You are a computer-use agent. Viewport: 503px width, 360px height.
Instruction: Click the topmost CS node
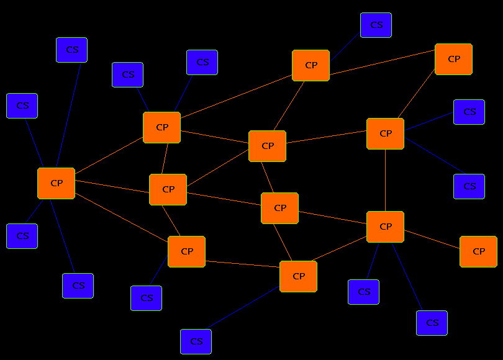(376, 25)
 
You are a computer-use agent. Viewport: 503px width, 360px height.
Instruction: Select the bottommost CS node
(196, 341)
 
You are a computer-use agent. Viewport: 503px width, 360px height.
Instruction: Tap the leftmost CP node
(56, 183)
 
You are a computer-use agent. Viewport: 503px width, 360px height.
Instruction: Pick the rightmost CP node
(478, 251)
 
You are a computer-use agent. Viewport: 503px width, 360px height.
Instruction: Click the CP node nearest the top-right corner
(453, 59)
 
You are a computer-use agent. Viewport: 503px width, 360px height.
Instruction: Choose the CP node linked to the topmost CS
(310, 65)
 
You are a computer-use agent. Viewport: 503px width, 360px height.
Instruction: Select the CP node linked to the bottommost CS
(298, 276)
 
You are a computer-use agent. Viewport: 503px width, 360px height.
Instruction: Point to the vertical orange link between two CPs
(385, 180)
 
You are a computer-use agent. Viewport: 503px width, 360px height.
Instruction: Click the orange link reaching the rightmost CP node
(432, 239)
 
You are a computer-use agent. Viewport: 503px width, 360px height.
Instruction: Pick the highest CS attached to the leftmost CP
(71, 50)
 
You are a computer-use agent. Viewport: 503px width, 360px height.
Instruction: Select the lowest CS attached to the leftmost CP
(78, 286)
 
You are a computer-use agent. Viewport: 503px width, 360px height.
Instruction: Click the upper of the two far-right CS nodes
(469, 112)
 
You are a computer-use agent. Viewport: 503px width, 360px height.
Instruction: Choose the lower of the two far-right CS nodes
(469, 186)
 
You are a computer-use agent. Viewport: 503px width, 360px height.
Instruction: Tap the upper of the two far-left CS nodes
(22, 106)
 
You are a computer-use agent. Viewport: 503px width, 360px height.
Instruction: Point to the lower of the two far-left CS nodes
(22, 236)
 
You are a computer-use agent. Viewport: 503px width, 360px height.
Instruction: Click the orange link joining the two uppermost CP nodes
(382, 62)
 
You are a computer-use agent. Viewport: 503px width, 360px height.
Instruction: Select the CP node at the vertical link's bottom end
(385, 227)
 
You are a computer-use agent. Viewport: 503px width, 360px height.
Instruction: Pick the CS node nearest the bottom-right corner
(432, 323)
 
